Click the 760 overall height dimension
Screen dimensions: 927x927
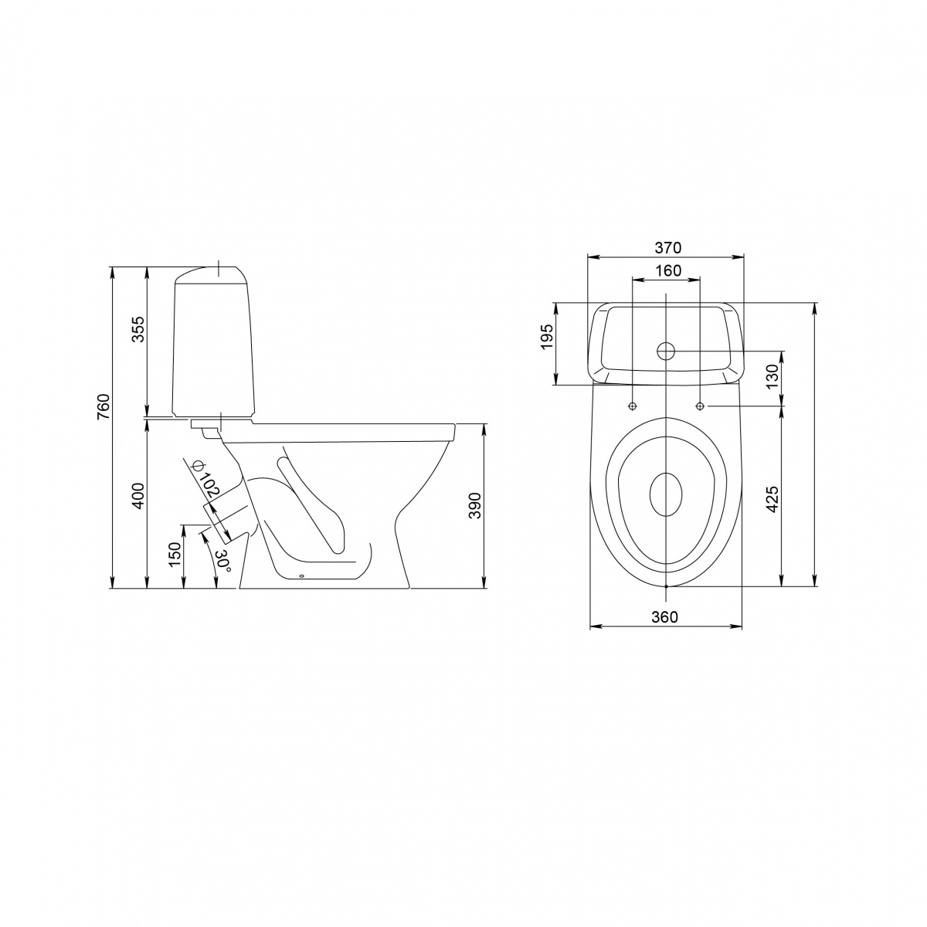coord(104,406)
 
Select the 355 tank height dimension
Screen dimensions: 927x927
coord(138,328)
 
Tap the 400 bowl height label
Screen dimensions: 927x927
coord(138,495)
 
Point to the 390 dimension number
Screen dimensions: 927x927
coord(475,505)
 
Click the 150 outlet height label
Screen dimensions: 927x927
coord(175,554)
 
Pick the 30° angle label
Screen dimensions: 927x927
coord(224,561)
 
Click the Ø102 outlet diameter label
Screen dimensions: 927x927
coord(205,481)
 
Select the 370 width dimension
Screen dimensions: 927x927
coord(667,247)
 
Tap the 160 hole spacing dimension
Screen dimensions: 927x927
coord(668,270)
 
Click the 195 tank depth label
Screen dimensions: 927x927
coord(547,337)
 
